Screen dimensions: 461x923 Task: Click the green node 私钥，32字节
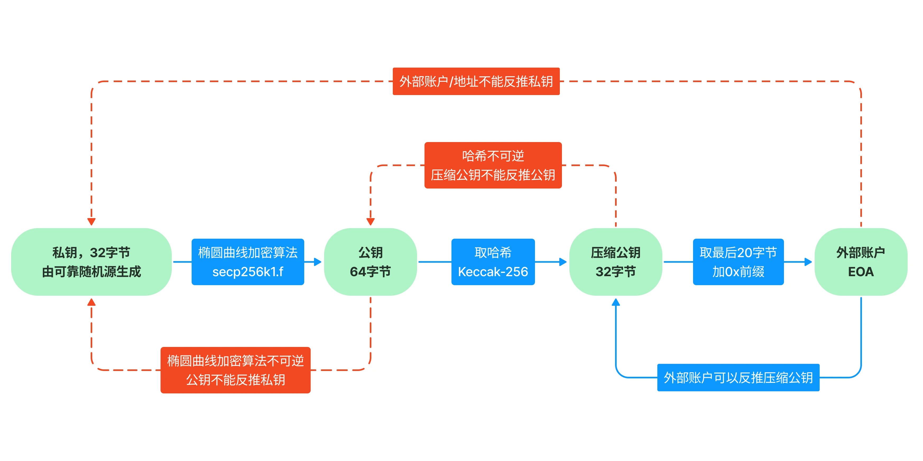(x=91, y=262)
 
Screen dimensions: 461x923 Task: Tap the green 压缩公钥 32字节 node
(x=615, y=262)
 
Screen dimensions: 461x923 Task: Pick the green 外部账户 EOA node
(x=861, y=262)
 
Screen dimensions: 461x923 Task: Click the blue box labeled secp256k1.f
(x=248, y=262)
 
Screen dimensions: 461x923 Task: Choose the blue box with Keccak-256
(x=493, y=262)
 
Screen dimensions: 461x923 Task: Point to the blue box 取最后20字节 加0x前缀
(x=738, y=262)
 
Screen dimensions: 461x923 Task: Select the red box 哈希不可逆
(x=493, y=165)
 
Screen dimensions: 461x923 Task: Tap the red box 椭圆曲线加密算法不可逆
(x=236, y=370)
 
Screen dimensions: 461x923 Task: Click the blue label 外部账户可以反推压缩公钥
(x=738, y=377)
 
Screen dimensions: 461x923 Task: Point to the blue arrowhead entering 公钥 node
(x=317, y=262)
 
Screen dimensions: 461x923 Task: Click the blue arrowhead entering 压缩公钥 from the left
(x=563, y=262)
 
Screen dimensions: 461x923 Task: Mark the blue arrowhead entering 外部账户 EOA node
(x=808, y=262)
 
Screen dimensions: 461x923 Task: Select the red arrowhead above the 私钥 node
(x=91, y=222)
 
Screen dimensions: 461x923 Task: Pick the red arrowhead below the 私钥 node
(x=91, y=302)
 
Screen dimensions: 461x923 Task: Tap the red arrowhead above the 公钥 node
(x=371, y=222)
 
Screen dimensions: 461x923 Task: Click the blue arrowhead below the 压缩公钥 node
(x=616, y=302)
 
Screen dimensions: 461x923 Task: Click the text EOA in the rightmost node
(x=861, y=272)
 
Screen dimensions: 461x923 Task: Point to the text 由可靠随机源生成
(x=91, y=272)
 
